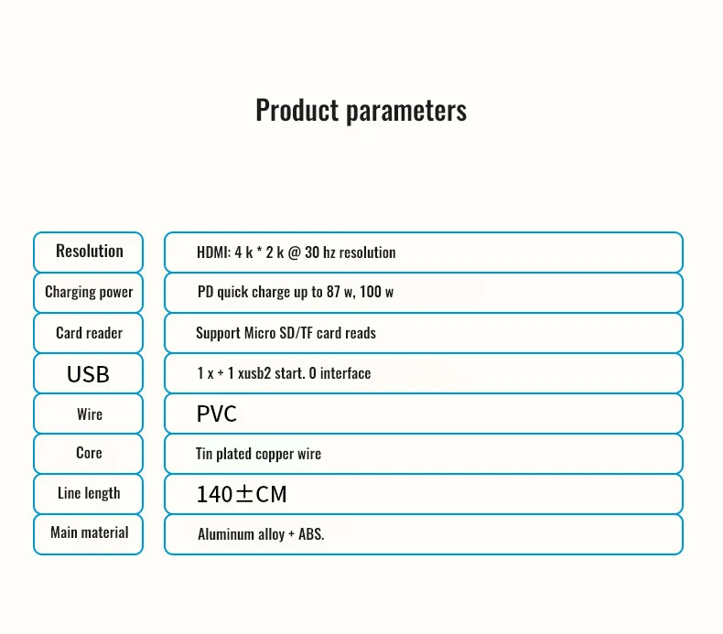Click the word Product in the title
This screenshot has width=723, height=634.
(x=297, y=110)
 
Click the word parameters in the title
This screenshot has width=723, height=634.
(x=406, y=112)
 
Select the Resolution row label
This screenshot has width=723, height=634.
(x=90, y=252)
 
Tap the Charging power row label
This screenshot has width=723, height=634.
(x=89, y=293)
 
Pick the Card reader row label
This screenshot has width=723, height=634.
(x=89, y=333)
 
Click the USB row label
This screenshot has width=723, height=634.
(x=88, y=374)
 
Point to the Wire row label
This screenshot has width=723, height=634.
(x=90, y=414)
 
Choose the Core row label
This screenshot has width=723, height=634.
(x=89, y=453)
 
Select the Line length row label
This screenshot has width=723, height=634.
(x=89, y=493)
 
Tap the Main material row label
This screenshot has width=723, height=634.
(x=90, y=532)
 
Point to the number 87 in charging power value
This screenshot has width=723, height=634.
(x=333, y=292)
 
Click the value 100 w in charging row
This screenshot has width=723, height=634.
(x=377, y=292)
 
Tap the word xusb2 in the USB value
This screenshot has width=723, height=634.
(x=254, y=373)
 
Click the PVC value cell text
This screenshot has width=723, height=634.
(x=217, y=414)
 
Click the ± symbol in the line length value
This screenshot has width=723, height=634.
(x=244, y=494)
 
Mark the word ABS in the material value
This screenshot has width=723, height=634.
(x=310, y=534)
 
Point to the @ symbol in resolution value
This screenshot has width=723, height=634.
(x=294, y=253)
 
